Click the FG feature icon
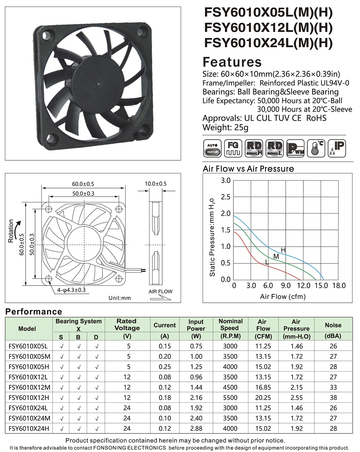(x=233, y=149)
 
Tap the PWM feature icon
(x=295, y=149)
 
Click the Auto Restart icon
(x=212, y=149)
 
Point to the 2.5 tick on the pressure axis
(x=226, y=197)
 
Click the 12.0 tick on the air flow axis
(x=304, y=286)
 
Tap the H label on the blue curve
(x=283, y=250)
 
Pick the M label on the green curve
(x=276, y=256)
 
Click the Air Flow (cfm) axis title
(x=283, y=296)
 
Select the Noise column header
(x=333, y=325)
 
